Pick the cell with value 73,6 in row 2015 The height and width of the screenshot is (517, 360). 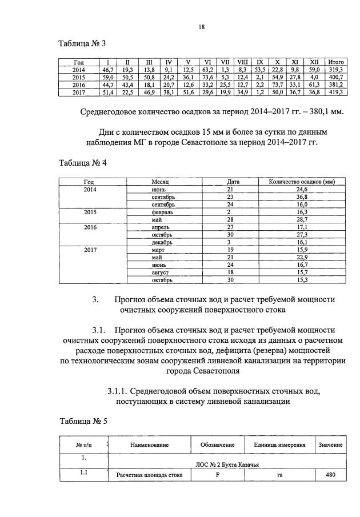click(208, 77)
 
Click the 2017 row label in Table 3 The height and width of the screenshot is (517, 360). click(79, 92)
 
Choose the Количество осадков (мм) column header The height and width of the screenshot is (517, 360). click(297, 182)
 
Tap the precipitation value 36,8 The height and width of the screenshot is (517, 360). click(297, 197)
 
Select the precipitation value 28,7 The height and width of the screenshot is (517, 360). click(297, 219)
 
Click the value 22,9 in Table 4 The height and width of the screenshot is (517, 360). click(297, 257)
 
